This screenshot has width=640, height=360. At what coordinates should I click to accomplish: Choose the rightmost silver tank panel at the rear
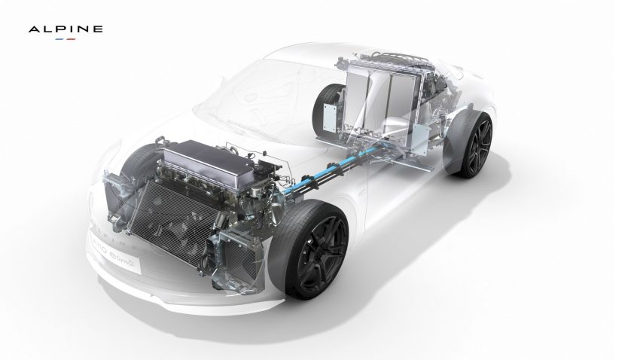click(407, 93)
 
